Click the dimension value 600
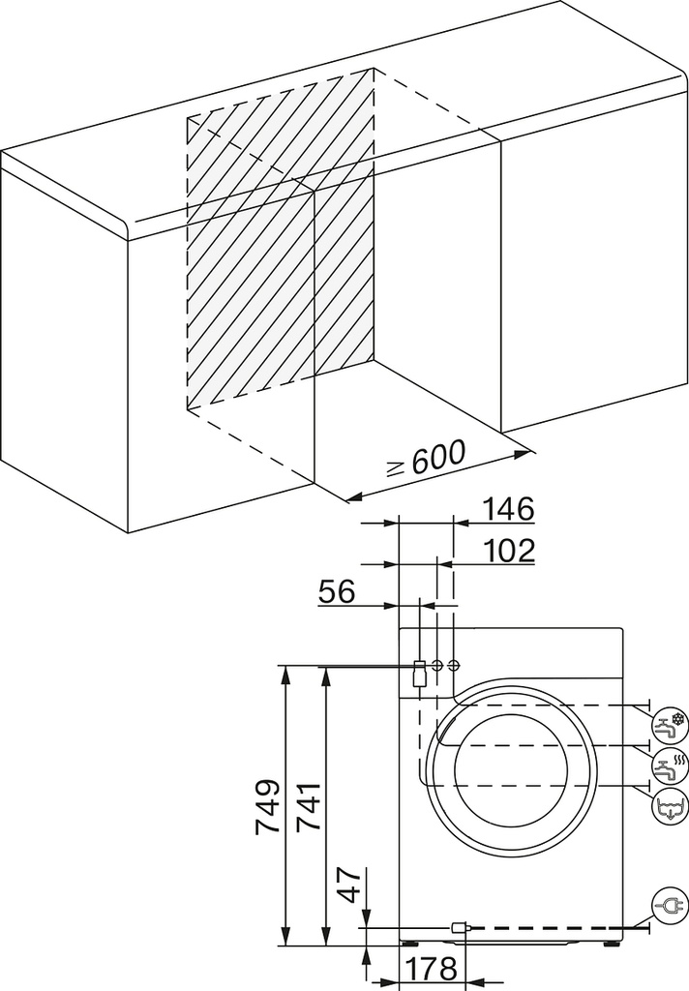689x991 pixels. tap(438, 457)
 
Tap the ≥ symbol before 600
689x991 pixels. tap(396, 469)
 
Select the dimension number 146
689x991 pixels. tap(509, 509)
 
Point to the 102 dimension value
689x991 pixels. tap(509, 551)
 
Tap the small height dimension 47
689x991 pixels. tap(348, 885)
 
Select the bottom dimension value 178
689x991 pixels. tap(431, 968)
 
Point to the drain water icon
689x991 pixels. tap(669, 807)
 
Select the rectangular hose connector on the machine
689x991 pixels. tap(418, 674)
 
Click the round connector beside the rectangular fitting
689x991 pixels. tap(436, 665)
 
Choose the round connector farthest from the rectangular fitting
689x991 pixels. tap(453, 665)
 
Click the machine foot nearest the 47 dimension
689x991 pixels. tap(409, 943)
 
